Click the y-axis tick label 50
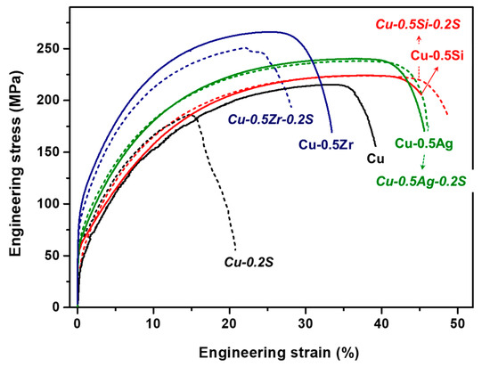[58, 256]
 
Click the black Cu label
[375, 159]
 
